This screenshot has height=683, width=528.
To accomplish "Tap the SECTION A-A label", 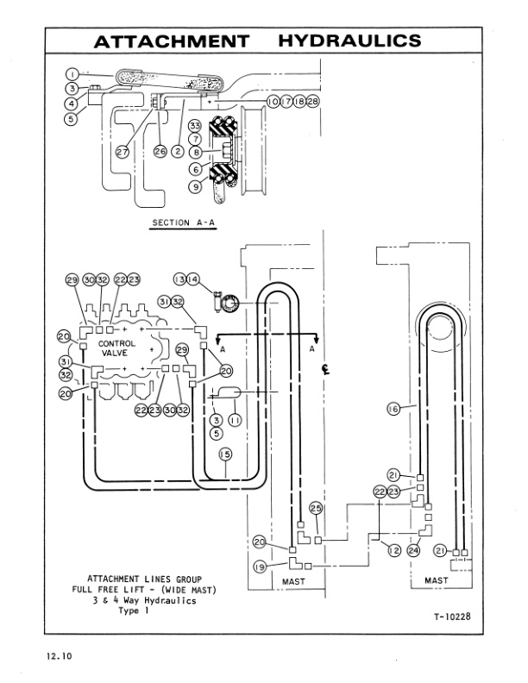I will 183,222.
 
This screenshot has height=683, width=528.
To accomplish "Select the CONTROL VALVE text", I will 118,347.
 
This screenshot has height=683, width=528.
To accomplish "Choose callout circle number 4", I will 72,104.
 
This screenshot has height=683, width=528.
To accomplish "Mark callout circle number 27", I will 123,152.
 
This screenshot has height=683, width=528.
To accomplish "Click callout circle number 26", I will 160,152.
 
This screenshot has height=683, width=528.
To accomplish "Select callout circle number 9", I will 196,185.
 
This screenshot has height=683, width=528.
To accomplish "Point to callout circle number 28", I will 312,102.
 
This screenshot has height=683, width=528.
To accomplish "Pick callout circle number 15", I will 224,454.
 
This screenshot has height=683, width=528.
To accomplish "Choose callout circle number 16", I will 393,410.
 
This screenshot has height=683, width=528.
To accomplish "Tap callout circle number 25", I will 316,508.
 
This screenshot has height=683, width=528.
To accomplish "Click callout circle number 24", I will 413,549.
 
